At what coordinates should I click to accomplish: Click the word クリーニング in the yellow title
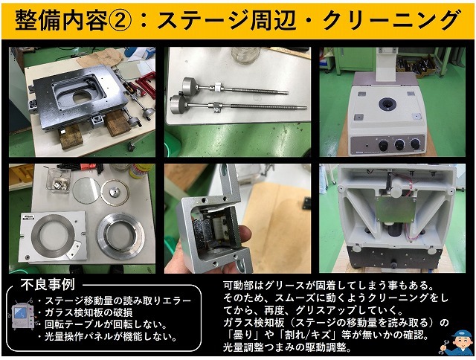point(391,19)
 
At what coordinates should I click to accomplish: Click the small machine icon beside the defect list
point(21,318)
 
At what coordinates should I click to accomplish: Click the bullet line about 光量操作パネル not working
point(112,337)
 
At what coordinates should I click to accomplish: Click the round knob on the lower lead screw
point(178,103)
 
